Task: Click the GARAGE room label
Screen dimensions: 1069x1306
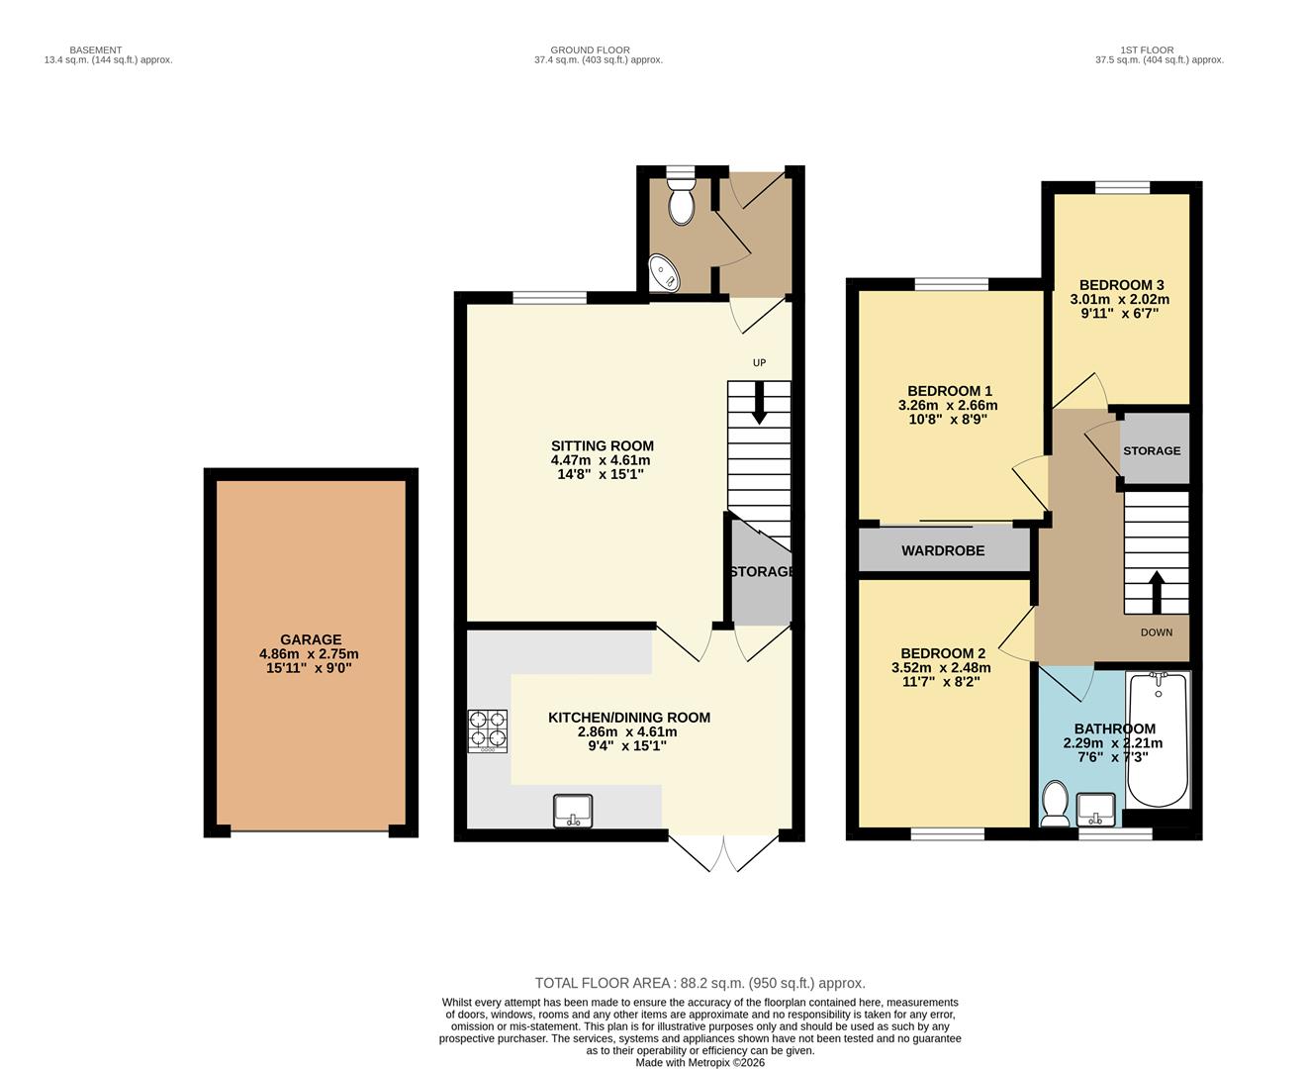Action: pos(310,639)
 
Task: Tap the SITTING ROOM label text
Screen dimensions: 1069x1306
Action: pos(602,445)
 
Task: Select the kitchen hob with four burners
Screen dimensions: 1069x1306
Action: pos(487,731)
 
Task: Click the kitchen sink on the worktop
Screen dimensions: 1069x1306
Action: pos(573,811)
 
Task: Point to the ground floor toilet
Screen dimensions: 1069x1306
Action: pos(682,201)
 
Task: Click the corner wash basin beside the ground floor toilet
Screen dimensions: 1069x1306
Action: pos(662,272)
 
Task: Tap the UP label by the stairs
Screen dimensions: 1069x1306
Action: pos(759,362)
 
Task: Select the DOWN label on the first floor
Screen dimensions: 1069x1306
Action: pos(1156,632)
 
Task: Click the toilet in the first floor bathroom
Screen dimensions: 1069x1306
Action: pos(1055,803)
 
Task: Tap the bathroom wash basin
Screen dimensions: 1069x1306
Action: pos(1096,809)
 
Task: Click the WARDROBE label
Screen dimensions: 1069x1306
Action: pos(943,550)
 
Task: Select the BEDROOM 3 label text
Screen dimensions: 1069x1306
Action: pos(1120,285)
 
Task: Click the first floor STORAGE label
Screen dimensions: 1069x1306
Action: pos(1152,450)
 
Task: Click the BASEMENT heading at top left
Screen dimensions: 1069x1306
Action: pos(96,49)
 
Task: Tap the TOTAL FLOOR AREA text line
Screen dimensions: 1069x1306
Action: pos(700,983)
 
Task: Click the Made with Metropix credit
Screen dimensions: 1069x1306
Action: pos(700,1062)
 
